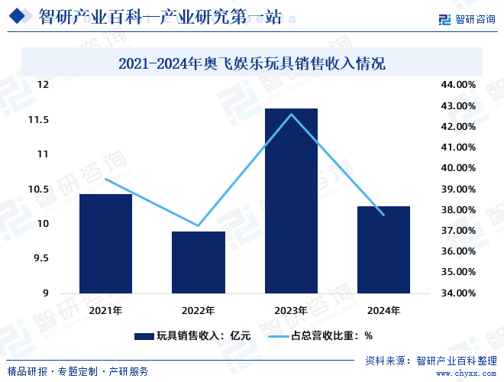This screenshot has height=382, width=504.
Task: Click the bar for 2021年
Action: click(105, 244)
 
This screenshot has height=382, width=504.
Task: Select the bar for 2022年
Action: click(199, 262)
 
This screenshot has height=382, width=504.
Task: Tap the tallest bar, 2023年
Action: click(291, 201)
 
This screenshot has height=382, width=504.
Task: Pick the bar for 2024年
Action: click(384, 250)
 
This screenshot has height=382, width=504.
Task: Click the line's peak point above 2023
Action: click(291, 114)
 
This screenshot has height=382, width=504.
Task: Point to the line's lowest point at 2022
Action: click(199, 226)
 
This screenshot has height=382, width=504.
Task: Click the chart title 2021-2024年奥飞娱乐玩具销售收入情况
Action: click(252, 63)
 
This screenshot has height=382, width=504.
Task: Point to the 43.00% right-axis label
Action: click(459, 105)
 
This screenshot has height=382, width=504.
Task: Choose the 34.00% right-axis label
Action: click(459, 293)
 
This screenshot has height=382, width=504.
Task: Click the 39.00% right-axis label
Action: click(459, 189)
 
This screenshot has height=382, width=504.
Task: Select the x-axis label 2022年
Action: click(199, 310)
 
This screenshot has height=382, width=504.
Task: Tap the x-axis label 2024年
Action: click(384, 310)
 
